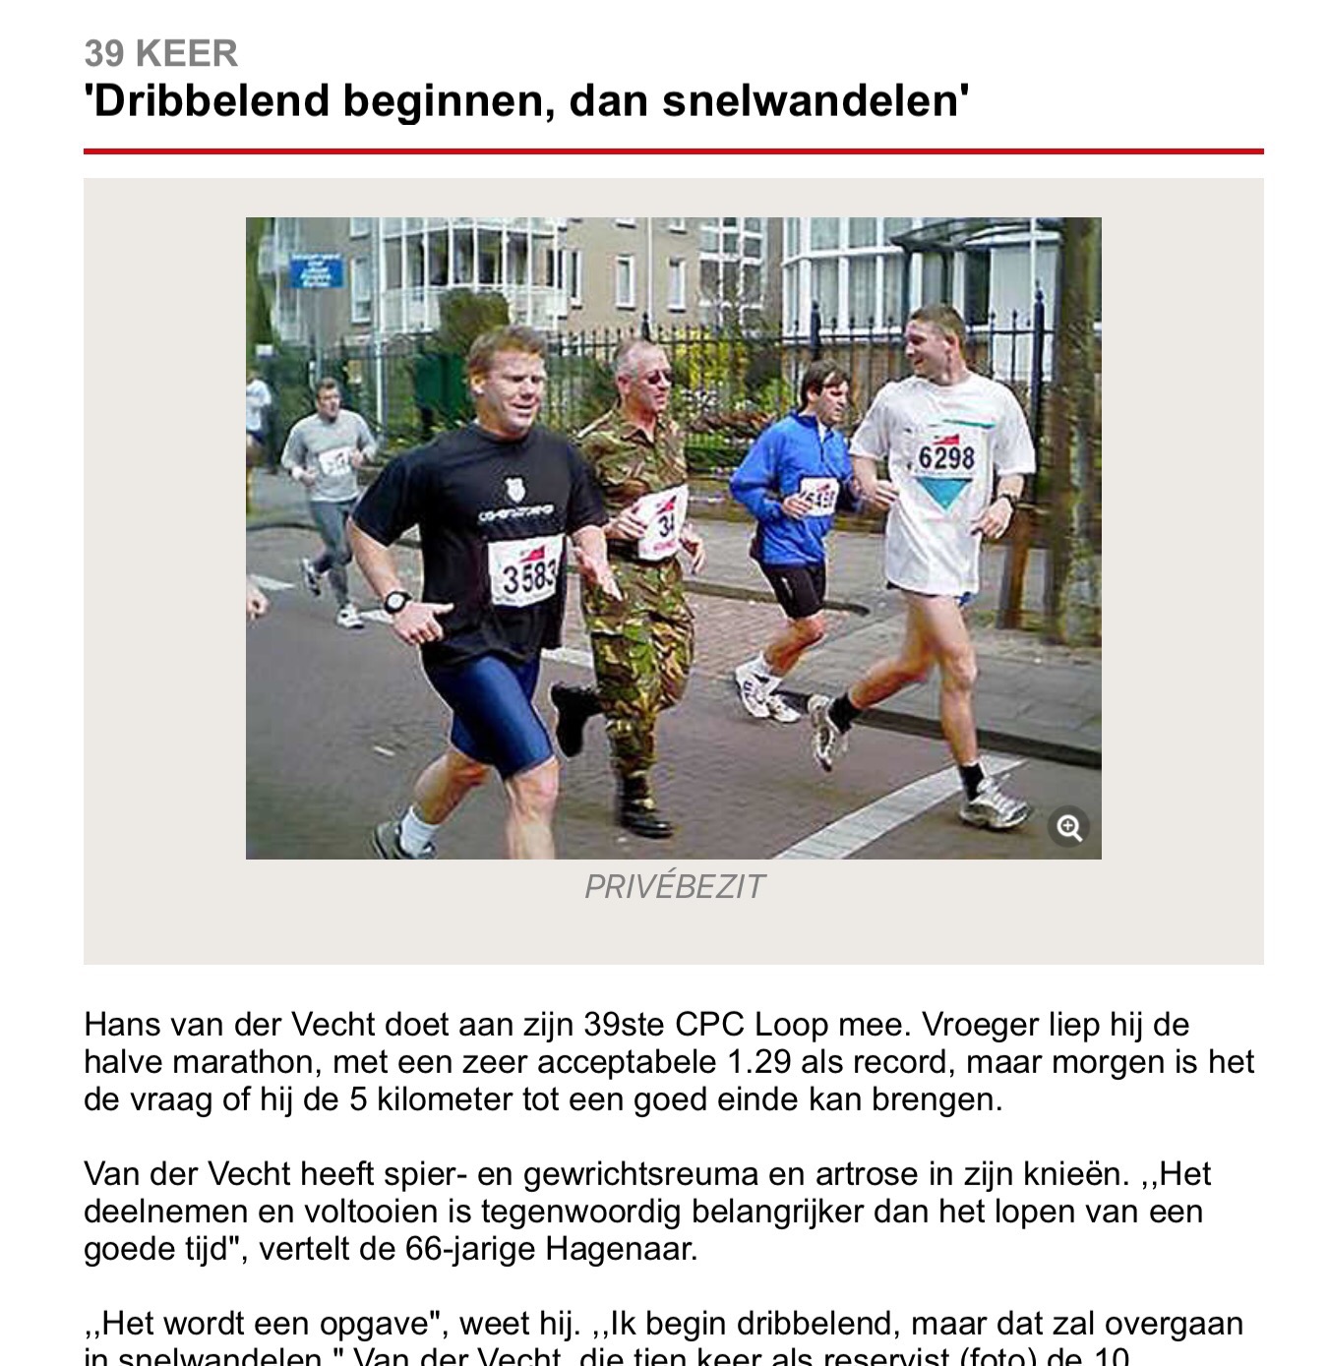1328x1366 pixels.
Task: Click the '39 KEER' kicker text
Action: [160, 53]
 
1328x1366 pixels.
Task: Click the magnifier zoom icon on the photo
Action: [1069, 827]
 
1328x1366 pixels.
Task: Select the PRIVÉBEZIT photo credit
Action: [674, 887]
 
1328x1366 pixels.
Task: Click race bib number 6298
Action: [946, 458]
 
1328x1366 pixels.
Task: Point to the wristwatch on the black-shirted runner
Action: [396, 601]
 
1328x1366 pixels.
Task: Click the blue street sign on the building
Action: [316, 270]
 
